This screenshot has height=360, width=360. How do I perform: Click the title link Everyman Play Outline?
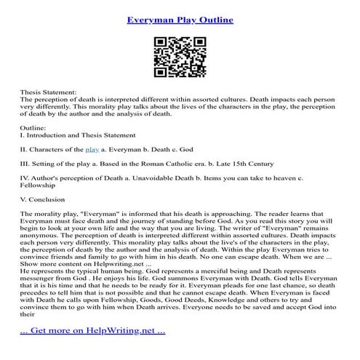pyautogui.click(x=180, y=19)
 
